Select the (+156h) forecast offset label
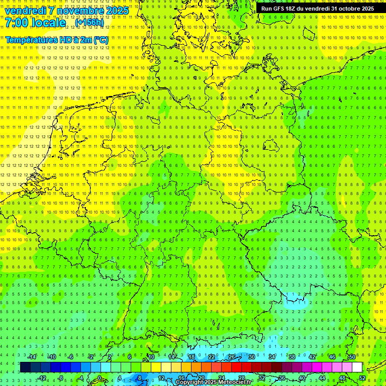[x=89, y=23]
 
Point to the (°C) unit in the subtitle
[x=100, y=40]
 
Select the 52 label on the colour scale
[x=362, y=378]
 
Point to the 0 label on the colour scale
[x=100, y=378]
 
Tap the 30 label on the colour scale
[x=251, y=357]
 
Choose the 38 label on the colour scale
[x=292, y=357]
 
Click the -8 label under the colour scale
[x=61, y=378]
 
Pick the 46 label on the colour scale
[x=332, y=357]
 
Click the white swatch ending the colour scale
[x=357, y=367]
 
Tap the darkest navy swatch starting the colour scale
[x=25, y=367]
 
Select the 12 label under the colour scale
[x=161, y=378]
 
